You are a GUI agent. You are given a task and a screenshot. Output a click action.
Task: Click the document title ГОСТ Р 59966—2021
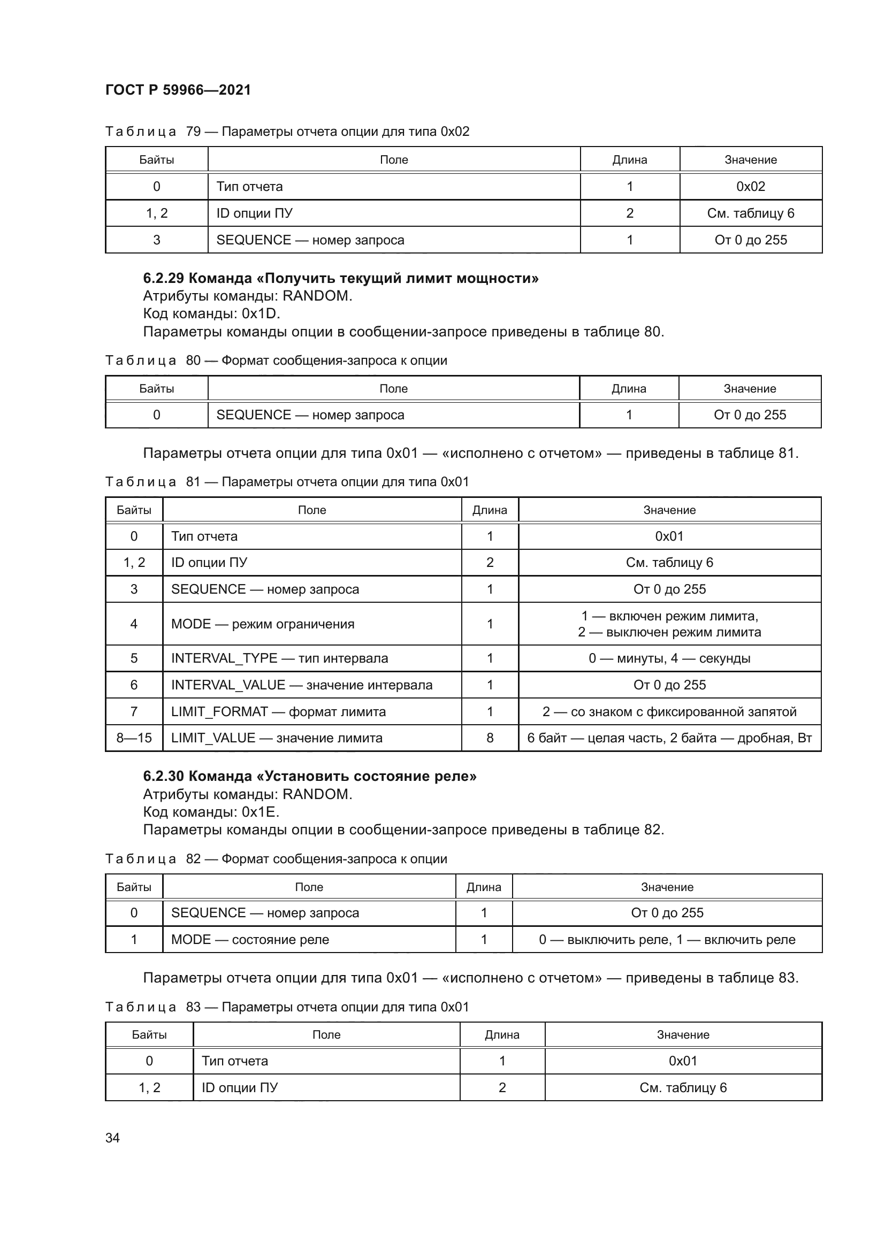[x=178, y=90]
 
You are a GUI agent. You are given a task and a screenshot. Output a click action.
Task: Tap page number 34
[x=112, y=1138]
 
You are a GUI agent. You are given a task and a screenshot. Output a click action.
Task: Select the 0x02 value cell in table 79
[x=750, y=186]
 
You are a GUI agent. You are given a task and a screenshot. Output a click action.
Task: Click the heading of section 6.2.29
[x=341, y=279]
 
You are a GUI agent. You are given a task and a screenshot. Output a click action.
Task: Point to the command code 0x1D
[x=261, y=313]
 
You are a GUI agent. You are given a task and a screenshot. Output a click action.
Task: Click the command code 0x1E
[x=261, y=812]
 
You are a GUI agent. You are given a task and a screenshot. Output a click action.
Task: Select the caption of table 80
[x=276, y=360]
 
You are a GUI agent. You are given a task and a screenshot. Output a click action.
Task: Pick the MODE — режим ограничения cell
[x=263, y=624]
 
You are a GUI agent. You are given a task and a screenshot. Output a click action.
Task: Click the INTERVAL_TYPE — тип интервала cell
[x=279, y=658]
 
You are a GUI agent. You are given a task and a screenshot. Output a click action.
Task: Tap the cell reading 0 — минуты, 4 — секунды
[x=669, y=658]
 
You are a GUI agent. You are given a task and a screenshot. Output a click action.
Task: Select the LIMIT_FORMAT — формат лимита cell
[x=278, y=711]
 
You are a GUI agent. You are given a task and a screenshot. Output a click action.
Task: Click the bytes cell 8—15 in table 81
[x=134, y=738]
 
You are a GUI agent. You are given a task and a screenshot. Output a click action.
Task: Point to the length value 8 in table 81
[x=490, y=738]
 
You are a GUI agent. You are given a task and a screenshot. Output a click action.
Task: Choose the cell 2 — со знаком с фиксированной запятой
[x=669, y=711]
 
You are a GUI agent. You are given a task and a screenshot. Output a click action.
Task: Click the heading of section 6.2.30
[x=309, y=777]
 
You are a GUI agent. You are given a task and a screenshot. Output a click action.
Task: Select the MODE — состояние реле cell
[x=250, y=939]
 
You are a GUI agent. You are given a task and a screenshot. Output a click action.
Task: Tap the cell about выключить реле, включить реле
[x=667, y=939]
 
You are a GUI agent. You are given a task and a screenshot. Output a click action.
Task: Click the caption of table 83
[x=287, y=1007]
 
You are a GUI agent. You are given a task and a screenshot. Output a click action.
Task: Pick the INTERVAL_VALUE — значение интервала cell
[x=301, y=685]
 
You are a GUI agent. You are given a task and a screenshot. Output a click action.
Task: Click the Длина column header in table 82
[x=483, y=887]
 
